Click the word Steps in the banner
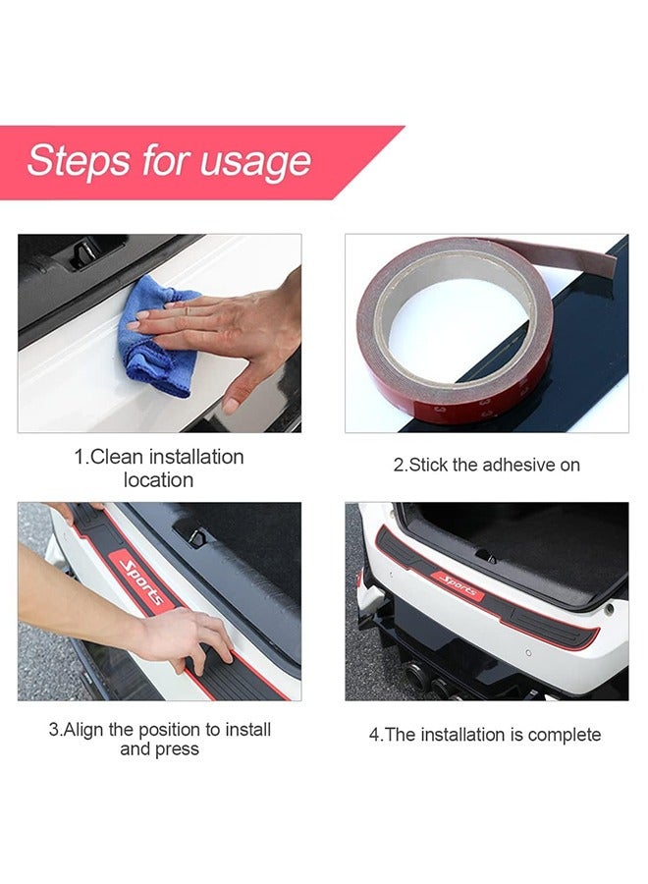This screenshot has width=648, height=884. [x=79, y=160]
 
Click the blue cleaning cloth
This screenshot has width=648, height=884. [x=156, y=337]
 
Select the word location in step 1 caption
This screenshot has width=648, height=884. [x=158, y=480]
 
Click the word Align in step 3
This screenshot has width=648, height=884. [x=83, y=730]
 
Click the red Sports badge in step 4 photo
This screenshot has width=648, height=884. [x=458, y=584]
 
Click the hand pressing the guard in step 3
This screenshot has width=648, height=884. [x=189, y=640]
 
